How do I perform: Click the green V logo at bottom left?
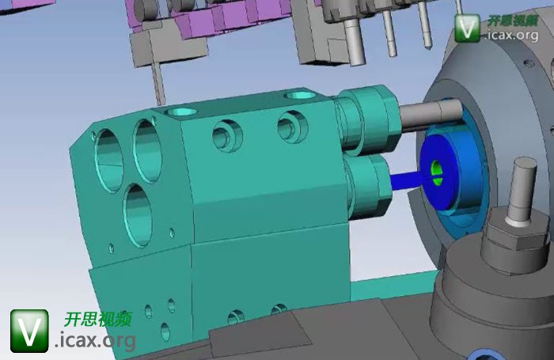click(x=29, y=331)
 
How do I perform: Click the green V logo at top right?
click(x=467, y=28)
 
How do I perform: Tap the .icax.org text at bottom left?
click(x=95, y=340)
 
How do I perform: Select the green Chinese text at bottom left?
click(x=98, y=319)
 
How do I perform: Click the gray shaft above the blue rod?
click(x=431, y=116)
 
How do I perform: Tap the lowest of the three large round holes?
click(x=138, y=214)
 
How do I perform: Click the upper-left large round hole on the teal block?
click(x=109, y=161)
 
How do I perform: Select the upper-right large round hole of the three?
click(x=147, y=151)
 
